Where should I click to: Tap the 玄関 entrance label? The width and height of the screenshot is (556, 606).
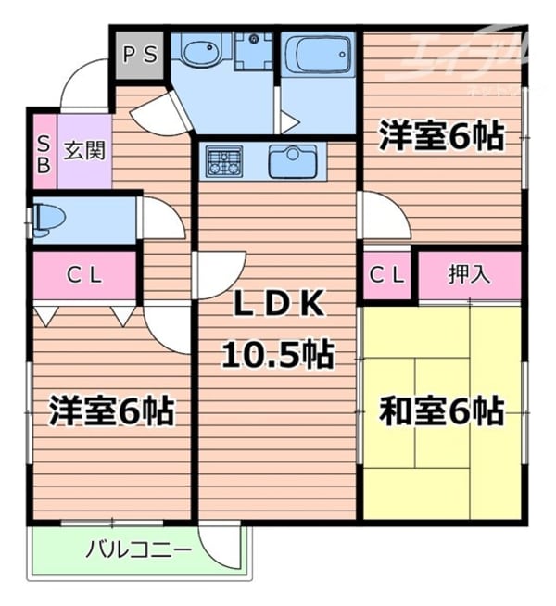(84, 149)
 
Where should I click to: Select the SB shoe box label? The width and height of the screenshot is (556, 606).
(44, 150)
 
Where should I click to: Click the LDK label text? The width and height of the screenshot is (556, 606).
(277, 303)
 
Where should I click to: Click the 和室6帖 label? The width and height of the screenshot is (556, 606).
(441, 410)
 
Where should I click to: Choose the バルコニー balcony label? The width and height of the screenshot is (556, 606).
(139, 549)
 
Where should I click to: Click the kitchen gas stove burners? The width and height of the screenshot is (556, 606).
(224, 163)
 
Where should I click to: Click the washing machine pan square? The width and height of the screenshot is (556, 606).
(251, 52)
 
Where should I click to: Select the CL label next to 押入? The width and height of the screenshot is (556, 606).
(387, 274)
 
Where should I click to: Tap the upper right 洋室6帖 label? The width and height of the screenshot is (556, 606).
(441, 136)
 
